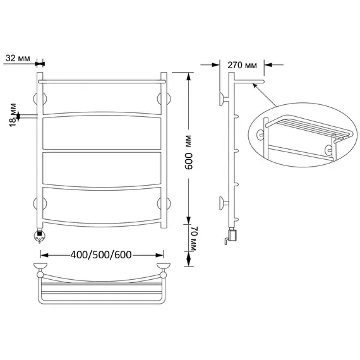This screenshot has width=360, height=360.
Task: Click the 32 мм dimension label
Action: point(18,58)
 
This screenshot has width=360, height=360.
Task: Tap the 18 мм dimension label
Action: point(13,115)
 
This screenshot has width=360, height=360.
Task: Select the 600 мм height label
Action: point(189,152)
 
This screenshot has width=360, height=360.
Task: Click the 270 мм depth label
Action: point(243,66)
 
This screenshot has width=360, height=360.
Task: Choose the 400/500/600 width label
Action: point(101,255)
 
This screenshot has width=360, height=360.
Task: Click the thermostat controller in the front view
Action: point(40,236)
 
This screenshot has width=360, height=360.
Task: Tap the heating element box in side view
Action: point(232,236)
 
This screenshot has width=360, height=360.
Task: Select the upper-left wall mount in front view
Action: point(40,99)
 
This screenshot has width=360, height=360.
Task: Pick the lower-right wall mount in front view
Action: point(164,203)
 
